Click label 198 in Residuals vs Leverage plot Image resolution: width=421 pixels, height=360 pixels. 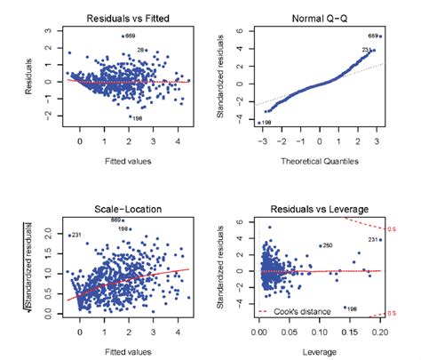pyautogui.click(x=353, y=308)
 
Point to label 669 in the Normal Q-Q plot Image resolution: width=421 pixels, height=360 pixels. pyautogui.click(x=374, y=36)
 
